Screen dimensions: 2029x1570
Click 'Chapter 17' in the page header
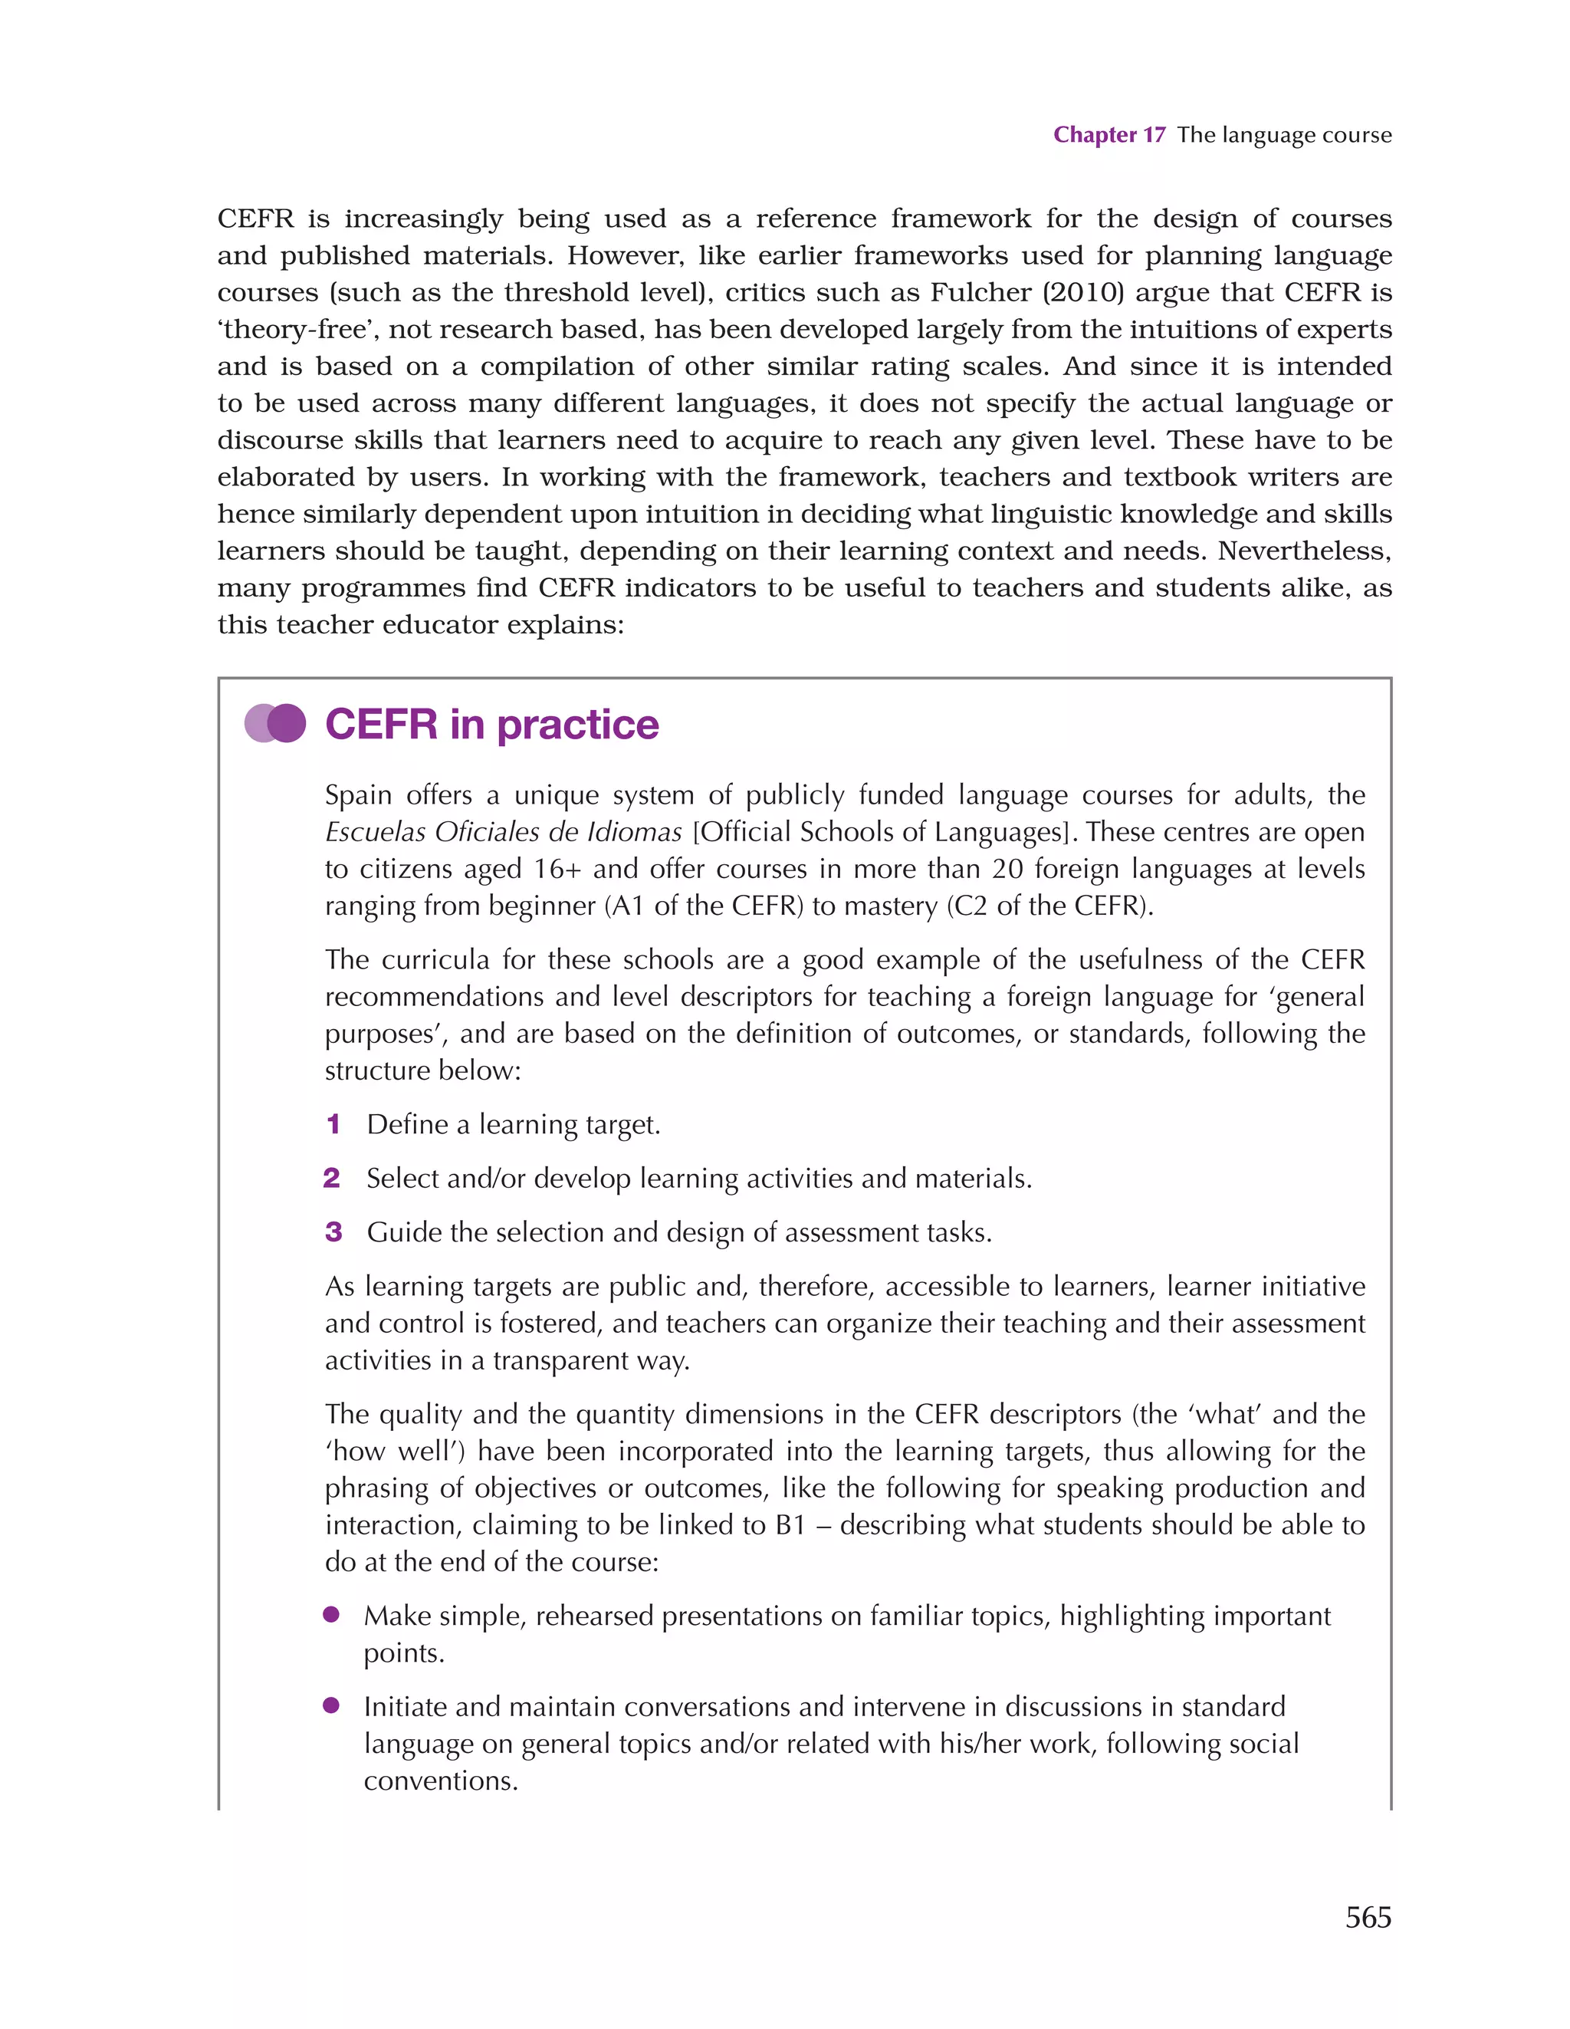pyautogui.click(x=1109, y=135)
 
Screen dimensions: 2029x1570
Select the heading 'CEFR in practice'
pyautogui.click(x=491, y=725)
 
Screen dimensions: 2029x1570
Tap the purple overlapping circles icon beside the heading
pyautogui.click(x=275, y=724)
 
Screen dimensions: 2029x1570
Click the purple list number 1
pyautogui.click(x=333, y=1125)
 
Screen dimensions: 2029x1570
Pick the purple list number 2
pyautogui.click(x=332, y=1179)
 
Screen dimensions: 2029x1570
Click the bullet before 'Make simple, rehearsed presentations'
pyautogui.click(x=330, y=1615)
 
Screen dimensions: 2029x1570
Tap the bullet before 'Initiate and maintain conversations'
pyautogui.click(x=330, y=1705)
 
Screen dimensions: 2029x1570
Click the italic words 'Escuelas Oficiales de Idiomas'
pyautogui.click(x=503, y=833)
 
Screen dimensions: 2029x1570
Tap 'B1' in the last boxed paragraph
pyautogui.click(x=790, y=1525)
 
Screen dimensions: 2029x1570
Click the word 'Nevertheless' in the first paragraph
pyautogui.click(x=1303, y=551)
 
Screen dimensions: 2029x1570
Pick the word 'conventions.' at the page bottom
pyautogui.click(x=440, y=1781)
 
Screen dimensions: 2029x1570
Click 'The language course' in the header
pyautogui.click(x=1284, y=135)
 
